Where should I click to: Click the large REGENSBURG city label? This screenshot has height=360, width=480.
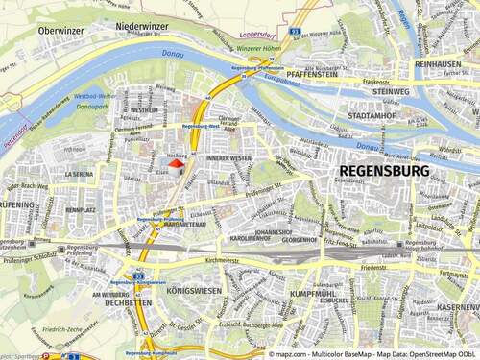pyautogui.click(x=396, y=169)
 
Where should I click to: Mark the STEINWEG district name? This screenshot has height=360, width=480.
pyautogui.click(x=390, y=92)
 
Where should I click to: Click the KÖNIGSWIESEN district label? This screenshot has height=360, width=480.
pyautogui.click(x=194, y=287)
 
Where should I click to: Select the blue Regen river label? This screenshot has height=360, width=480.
pyautogui.click(x=428, y=17)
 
